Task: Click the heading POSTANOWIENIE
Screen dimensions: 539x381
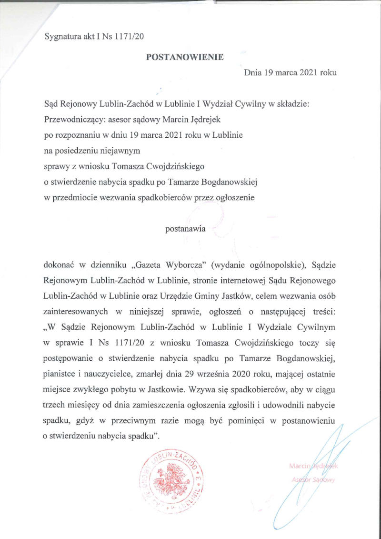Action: pyautogui.click(x=185, y=56)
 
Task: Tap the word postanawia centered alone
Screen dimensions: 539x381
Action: pyautogui.click(x=185, y=228)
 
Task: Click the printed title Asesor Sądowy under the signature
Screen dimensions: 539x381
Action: pyautogui.click(x=313, y=479)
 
